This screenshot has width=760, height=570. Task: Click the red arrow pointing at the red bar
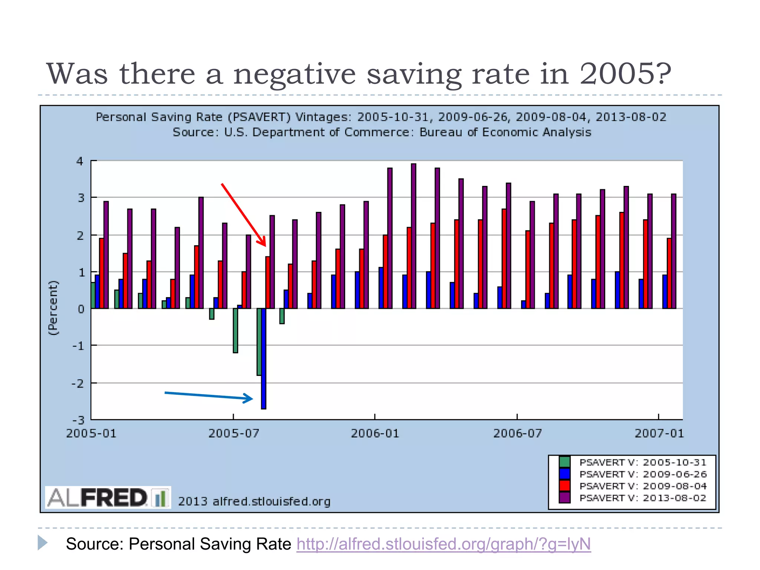(243, 214)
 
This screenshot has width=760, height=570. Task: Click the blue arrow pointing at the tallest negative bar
(209, 396)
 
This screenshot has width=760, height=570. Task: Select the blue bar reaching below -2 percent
(263, 358)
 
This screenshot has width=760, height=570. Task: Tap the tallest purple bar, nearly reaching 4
(413, 236)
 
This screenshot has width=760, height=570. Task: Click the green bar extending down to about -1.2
(235, 330)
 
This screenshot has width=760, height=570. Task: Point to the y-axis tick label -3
(79, 420)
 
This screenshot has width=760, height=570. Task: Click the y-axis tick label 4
(80, 161)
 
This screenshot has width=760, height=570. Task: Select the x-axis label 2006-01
(375, 433)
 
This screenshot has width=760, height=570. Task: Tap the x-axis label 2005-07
(233, 433)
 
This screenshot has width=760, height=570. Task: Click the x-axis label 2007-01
(659, 433)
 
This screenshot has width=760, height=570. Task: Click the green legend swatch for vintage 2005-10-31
(564, 462)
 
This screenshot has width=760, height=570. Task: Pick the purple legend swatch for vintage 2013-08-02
(564, 498)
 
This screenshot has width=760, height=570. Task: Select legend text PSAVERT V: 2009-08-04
(643, 486)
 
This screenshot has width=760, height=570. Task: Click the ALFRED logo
(108, 497)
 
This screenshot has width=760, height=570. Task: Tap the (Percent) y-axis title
(53, 308)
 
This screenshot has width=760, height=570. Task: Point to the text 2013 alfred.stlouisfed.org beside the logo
(254, 502)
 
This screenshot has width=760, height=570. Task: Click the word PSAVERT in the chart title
(259, 117)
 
